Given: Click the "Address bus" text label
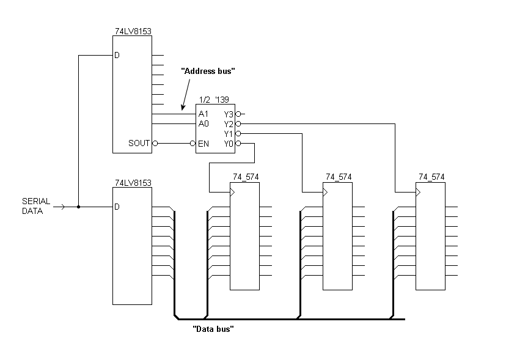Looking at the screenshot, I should coord(208,72).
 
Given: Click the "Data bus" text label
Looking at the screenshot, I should coord(214,329).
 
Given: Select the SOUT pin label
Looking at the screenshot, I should coord(139,143).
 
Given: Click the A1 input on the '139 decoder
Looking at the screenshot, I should coord(204,114).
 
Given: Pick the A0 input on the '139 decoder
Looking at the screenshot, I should coord(204,123).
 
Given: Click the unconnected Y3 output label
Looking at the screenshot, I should coord(229,114).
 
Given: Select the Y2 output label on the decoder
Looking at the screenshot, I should coord(229,123).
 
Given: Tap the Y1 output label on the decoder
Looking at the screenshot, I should coord(229,133).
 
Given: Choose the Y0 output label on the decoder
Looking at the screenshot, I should coord(229,143).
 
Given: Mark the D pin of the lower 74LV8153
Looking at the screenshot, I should coord(117,207).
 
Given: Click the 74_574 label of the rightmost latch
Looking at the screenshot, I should coord(431,177).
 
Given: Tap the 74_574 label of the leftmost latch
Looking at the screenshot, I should coord(245,177).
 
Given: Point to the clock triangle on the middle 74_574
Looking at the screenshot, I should coord(325,193).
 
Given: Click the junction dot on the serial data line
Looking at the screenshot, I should coord(79,207).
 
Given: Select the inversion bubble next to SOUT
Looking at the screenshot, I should coord(155,143).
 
